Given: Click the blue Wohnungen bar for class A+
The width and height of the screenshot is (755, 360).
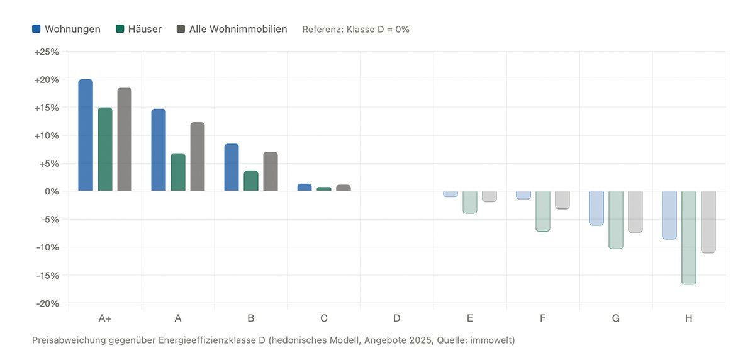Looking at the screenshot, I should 86,135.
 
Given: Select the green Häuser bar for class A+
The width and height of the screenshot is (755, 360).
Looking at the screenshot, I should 105,149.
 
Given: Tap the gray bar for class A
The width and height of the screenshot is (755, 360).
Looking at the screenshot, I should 198,157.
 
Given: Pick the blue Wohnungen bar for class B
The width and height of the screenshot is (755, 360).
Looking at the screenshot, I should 232,167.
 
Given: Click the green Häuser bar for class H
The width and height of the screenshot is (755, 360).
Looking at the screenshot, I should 689,238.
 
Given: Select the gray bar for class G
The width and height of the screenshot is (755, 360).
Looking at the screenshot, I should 635,211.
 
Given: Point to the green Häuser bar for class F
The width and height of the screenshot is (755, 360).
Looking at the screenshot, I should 543,211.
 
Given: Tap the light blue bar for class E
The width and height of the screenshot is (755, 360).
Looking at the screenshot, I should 450,194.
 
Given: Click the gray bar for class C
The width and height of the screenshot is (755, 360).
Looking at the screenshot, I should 344,188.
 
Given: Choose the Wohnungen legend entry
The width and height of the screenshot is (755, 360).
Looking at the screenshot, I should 66,29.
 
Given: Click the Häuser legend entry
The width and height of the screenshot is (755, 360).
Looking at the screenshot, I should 138,29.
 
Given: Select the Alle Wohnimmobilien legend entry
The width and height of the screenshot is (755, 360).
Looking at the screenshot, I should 232,29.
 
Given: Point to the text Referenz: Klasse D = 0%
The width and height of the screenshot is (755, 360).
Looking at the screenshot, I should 355,30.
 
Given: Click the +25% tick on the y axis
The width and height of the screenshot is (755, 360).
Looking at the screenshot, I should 47,52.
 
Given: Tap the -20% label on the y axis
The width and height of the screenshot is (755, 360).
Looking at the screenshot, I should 47,303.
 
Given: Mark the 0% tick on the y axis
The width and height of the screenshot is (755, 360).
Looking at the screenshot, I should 51,191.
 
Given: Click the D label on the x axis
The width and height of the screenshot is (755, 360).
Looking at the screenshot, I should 396,318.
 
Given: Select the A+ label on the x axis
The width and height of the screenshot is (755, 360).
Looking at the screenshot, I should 105,318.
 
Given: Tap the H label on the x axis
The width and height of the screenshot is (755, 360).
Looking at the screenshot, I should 688,318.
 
